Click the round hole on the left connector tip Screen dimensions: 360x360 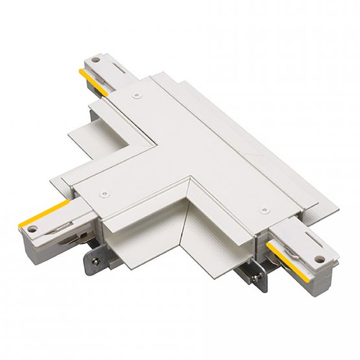(32, 230)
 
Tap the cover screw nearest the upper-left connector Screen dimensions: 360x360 (134, 93)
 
